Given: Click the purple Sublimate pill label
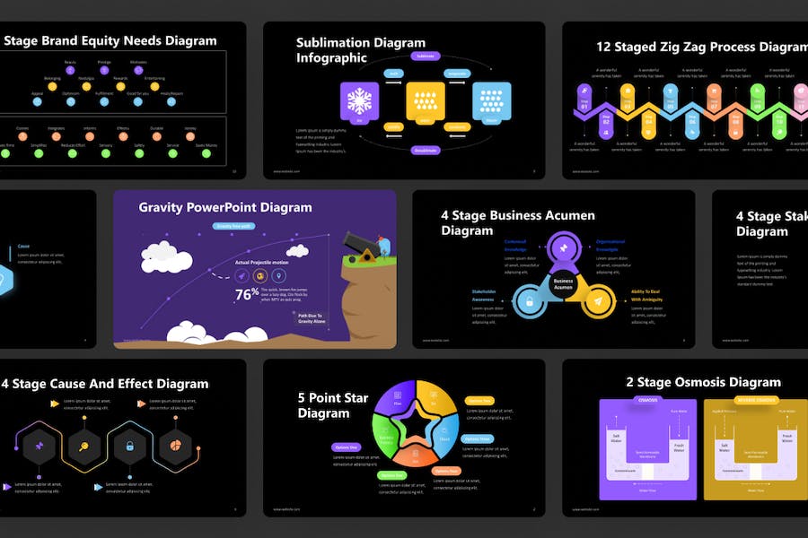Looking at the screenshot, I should click(426, 56).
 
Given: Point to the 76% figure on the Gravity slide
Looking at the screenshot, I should click(247, 293).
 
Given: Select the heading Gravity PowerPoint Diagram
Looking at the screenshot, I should click(225, 207).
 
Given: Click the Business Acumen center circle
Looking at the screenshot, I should click(563, 282).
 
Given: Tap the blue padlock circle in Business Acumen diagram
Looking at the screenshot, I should click(530, 302).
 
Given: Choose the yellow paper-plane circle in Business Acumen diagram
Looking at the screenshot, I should click(597, 303).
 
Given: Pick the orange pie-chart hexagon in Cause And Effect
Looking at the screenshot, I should click(175, 445).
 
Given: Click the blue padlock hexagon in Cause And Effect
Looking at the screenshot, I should click(129, 445).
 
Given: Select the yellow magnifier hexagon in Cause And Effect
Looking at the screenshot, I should click(83, 445).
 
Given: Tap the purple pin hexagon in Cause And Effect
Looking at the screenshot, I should click(39, 445).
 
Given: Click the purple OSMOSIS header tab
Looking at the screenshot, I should click(647, 400).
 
